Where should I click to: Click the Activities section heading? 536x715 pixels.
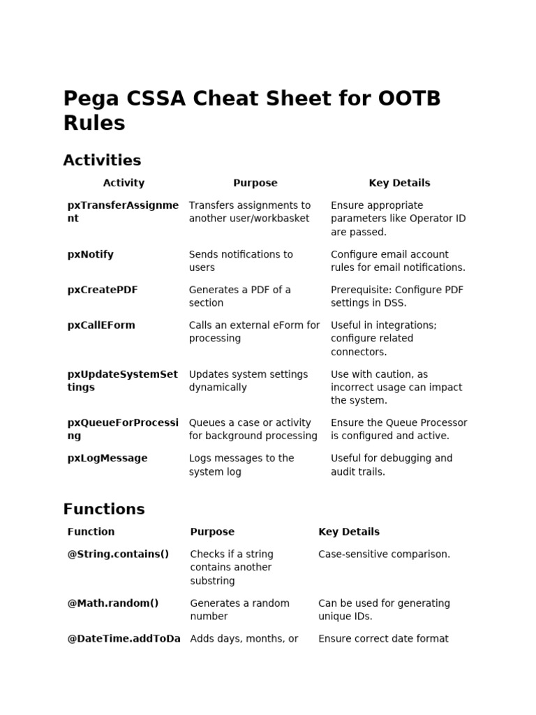102,160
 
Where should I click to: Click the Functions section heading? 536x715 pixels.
104,509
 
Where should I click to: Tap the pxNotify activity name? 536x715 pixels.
90,254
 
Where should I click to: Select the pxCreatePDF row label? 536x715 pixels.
102,290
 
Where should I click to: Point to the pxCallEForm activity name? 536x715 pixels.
101,325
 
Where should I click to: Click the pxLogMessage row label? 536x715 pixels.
107,458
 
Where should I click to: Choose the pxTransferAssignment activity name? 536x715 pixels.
123,212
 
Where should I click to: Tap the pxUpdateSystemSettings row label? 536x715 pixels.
122,381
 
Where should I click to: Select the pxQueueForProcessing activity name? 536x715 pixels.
123,429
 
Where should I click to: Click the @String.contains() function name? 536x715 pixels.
118,554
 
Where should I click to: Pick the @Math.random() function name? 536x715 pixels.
112,603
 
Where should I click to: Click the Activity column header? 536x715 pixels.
124,183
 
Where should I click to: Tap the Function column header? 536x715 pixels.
91,531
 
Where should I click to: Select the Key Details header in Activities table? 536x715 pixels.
399,183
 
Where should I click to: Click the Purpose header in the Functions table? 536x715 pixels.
212,531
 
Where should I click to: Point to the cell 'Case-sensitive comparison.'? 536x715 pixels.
384,554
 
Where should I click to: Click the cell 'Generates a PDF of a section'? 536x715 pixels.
239,296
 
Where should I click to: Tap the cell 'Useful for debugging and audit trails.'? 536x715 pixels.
391,464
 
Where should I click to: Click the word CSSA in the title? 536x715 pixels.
156,98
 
